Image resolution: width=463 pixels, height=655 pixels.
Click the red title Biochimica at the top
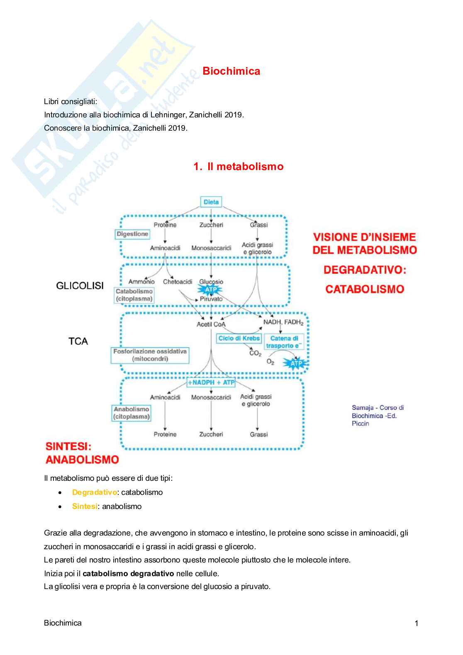[x=231, y=71]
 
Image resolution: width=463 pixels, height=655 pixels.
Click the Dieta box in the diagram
[x=211, y=202]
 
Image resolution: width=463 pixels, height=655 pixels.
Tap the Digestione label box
[x=132, y=234]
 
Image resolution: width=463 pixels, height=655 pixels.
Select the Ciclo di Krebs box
[x=239, y=338]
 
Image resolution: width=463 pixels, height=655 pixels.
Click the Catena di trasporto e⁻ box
[x=284, y=342]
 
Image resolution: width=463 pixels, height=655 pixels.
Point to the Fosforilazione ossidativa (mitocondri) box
[x=150, y=355]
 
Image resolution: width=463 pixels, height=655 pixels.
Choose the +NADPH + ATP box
[x=211, y=382]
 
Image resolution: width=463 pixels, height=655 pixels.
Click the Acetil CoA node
[x=211, y=324]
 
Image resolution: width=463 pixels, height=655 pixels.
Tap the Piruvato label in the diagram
[x=211, y=299]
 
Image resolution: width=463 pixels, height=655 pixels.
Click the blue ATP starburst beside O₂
[x=296, y=364]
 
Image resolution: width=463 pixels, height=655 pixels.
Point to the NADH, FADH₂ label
[x=283, y=322]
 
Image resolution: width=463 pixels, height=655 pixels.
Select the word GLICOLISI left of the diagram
[x=80, y=285]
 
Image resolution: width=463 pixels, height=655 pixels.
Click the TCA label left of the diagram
[x=78, y=341]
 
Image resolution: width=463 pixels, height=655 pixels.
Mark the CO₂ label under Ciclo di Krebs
[x=255, y=353]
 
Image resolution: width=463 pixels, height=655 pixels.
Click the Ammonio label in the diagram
[x=141, y=282]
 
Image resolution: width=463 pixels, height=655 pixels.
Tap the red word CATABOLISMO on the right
[x=364, y=289]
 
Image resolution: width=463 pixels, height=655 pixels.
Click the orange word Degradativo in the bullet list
[x=94, y=492]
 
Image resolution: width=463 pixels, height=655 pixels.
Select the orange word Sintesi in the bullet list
[x=85, y=506]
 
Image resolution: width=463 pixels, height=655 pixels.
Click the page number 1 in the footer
[x=416, y=623]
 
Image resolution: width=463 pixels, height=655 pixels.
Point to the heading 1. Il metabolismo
[x=238, y=166]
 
